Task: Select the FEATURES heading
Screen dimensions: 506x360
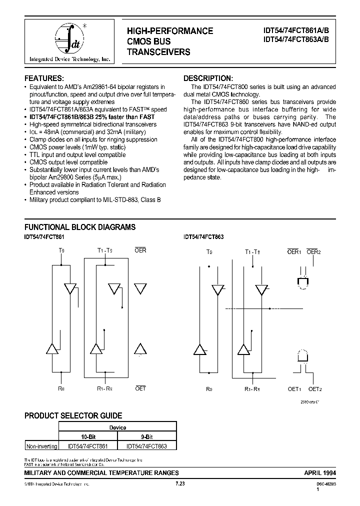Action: coord(44,78)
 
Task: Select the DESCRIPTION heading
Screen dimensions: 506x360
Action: coord(208,78)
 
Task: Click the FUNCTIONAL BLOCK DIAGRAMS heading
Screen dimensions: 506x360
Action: coord(80,227)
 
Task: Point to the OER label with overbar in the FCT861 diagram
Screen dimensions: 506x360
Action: coord(140,250)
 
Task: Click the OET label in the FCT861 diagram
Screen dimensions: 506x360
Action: coord(140,387)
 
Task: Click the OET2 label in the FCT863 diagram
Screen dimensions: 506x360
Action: coord(314,388)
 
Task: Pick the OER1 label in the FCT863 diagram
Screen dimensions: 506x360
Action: coord(293,252)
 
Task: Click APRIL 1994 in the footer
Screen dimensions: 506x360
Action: coord(320,471)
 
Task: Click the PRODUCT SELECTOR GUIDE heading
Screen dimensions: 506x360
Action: coord(73,415)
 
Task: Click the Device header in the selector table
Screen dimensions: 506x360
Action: coord(117,427)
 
